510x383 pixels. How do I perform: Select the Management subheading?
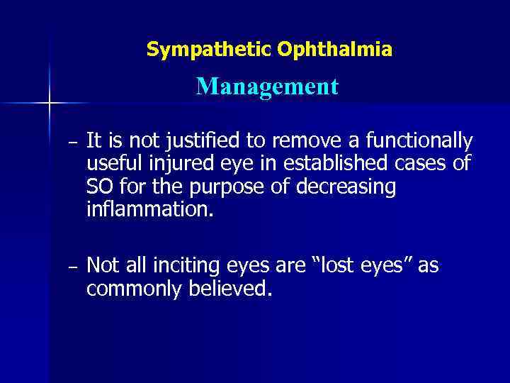(268, 87)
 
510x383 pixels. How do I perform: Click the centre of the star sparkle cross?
(50, 104)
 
